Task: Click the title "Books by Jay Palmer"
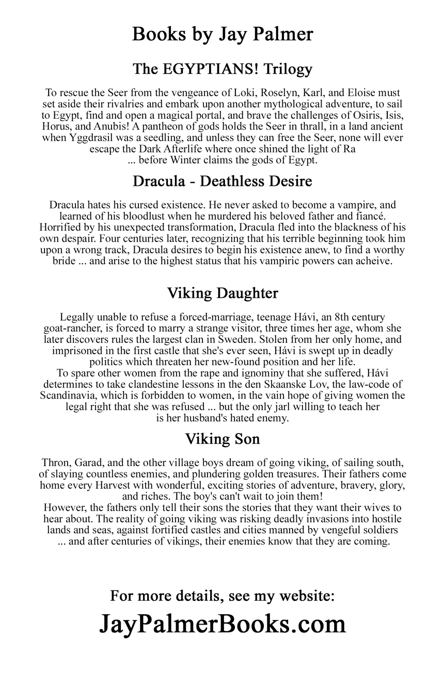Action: (x=222, y=34)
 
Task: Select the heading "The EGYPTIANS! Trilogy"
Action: (x=222, y=69)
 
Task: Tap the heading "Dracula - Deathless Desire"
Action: (x=222, y=182)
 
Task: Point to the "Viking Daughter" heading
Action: (x=222, y=293)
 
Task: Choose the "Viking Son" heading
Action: (x=222, y=439)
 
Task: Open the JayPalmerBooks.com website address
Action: (x=222, y=624)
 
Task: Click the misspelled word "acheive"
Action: (x=370, y=261)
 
